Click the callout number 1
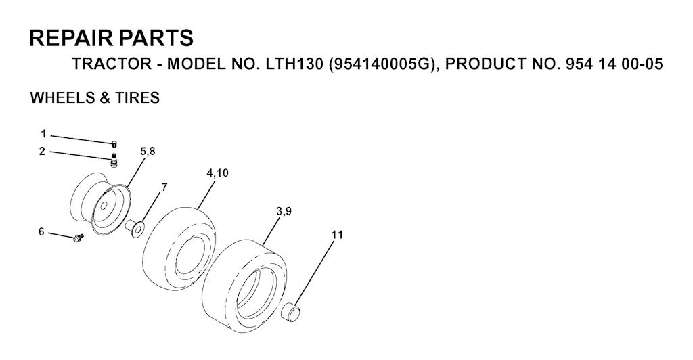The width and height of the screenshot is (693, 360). pyautogui.click(x=43, y=133)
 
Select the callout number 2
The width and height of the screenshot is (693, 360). pyautogui.click(x=42, y=152)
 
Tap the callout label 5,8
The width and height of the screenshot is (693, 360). pyautogui.click(x=148, y=152)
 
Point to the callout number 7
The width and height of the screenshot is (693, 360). pyautogui.click(x=164, y=187)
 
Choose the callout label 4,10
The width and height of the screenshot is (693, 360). pyautogui.click(x=217, y=173)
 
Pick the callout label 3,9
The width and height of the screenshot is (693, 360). pyautogui.click(x=284, y=212)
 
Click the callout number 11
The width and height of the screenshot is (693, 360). pyautogui.click(x=337, y=235)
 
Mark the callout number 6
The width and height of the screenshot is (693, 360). pyautogui.click(x=41, y=232)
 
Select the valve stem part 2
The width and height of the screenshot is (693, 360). pyautogui.click(x=114, y=160)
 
